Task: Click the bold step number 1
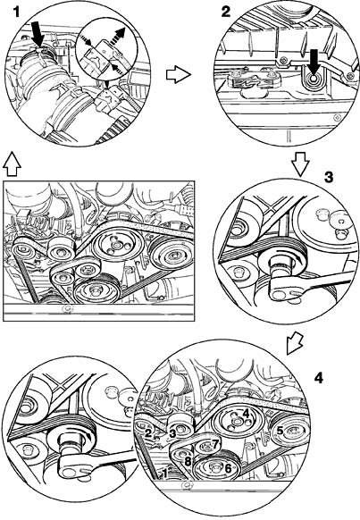16,13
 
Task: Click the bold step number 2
226,13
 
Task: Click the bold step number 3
328,178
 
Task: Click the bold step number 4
319,378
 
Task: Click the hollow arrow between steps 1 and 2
179,75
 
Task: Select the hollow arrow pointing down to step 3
301,164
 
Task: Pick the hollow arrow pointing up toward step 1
13,164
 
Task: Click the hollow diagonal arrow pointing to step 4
295,342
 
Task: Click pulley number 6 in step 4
218,467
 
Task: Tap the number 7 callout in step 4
216,443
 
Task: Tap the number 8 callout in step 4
188,461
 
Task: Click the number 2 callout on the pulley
148,432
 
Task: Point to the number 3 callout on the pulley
172,433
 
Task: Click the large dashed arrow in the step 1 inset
118,37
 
